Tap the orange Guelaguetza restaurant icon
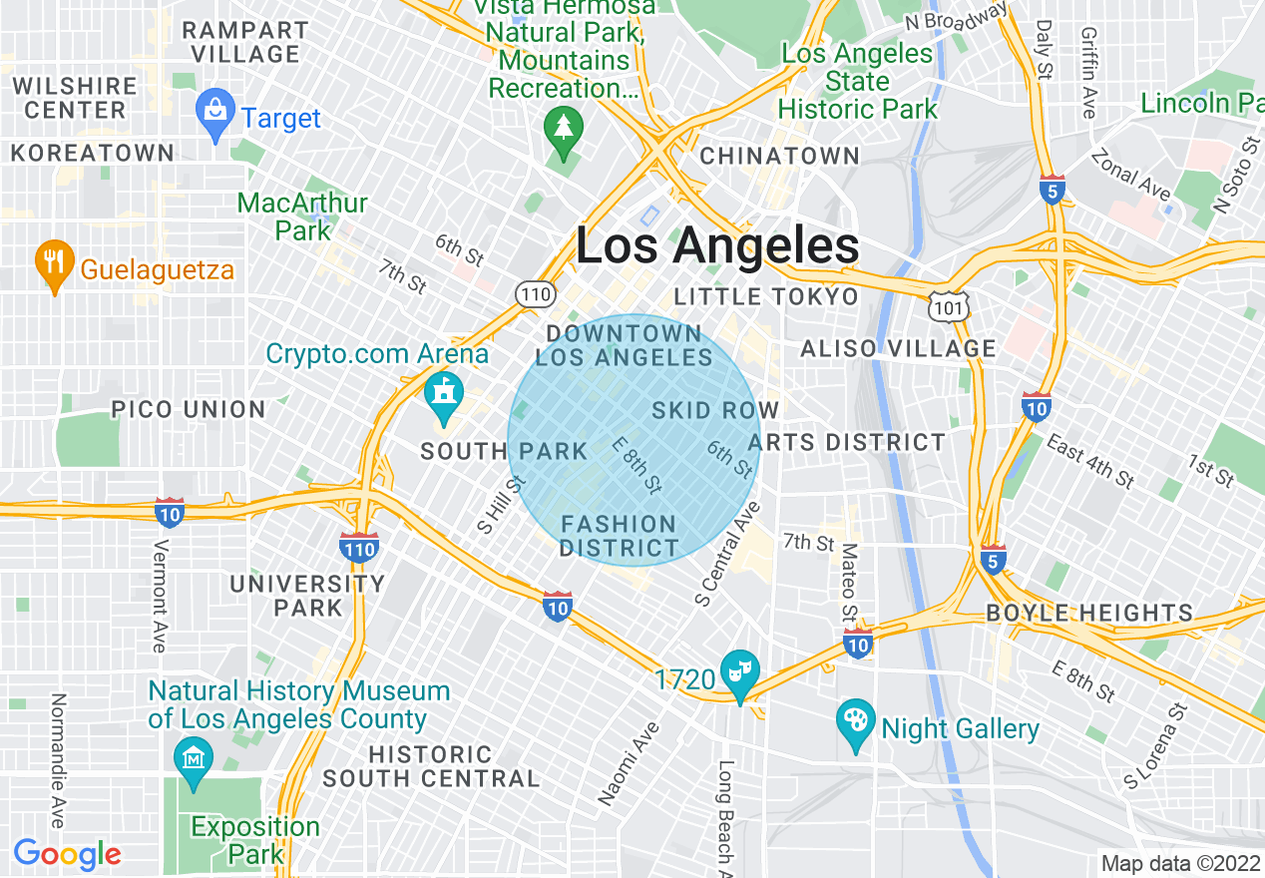51,263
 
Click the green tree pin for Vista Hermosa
564,130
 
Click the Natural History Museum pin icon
191,758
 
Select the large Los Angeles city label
717,246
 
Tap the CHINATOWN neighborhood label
779,156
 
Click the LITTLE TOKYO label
766,296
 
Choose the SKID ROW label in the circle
715,410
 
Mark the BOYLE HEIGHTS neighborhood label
1089,613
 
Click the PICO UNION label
189,409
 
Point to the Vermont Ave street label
159,597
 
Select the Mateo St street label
849,584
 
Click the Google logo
67,854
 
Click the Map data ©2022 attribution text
1180,863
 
